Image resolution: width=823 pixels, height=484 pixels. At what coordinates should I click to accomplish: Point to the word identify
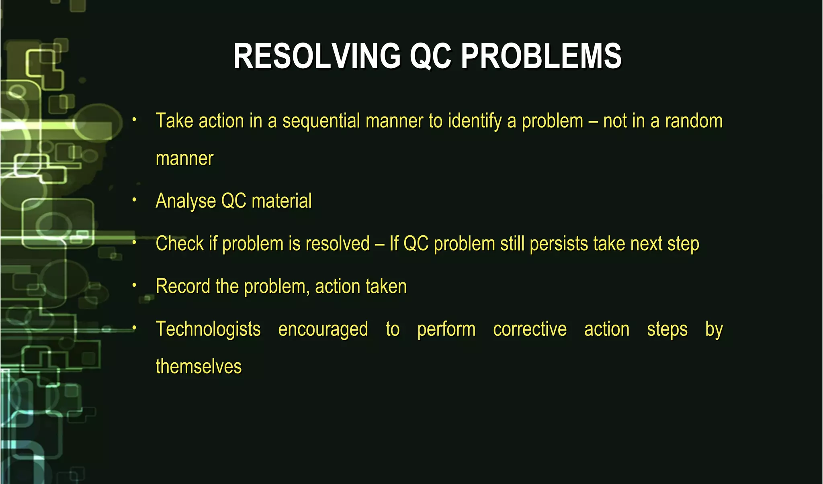point(475,121)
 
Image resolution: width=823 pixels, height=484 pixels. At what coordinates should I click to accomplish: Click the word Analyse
point(186,201)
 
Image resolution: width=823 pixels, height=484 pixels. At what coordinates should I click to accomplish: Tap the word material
point(281,201)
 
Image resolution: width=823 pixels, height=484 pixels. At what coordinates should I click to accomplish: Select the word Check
point(180,244)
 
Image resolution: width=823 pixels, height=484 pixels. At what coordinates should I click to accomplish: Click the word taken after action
point(385,286)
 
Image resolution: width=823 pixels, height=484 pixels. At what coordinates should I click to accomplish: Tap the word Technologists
point(208,329)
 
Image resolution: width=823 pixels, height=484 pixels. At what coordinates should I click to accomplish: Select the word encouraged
point(323,329)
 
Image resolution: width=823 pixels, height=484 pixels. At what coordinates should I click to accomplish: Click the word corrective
point(530,329)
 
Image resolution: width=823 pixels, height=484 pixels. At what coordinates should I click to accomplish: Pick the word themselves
point(199,367)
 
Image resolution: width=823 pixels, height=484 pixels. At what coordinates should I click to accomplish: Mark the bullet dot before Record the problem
point(134,285)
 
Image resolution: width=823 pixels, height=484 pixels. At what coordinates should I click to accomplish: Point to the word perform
point(446,329)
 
